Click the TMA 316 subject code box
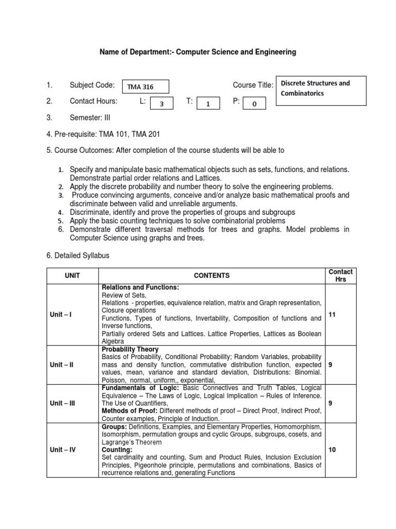click(x=144, y=87)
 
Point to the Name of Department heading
click(x=197, y=52)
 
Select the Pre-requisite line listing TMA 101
click(x=103, y=134)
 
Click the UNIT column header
click(x=72, y=276)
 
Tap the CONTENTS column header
click(x=212, y=276)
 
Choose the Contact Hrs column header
click(x=340, y=275)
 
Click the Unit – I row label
click(x=61, y=315)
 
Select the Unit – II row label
click(x=61, y=365)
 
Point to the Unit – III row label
click(x=62, y=403)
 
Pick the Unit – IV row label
click(x=62, y=449)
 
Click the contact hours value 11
click(x=332, y=315)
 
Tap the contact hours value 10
click(x=332, y=449)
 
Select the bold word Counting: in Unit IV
click(x=118, y=449)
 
